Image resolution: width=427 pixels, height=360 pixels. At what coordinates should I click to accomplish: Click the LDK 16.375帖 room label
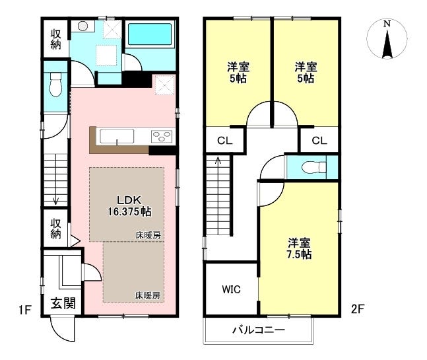click(129, 206)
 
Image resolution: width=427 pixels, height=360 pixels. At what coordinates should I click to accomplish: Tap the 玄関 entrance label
click(63, 303)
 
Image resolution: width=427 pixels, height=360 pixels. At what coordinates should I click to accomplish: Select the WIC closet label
click(231, 289)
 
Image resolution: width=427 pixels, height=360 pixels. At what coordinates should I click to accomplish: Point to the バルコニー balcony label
click(259, 330)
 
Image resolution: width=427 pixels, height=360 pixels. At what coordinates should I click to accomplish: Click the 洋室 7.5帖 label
click(299, 248)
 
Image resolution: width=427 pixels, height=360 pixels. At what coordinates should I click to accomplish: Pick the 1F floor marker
click(25, 310)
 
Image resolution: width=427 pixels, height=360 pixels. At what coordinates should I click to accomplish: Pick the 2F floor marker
click(358, 309)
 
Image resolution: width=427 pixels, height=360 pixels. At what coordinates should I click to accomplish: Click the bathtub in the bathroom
click(150, 34)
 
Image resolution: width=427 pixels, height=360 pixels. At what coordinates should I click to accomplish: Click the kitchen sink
click(117, 136)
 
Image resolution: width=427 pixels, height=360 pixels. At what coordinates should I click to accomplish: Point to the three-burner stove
click(162, 137)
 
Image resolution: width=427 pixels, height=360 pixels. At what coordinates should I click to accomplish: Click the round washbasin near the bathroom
click(82, 26)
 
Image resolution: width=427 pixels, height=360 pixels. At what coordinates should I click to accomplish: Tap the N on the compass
click(387, 24)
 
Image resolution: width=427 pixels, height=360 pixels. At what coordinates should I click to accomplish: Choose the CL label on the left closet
click(224, 141)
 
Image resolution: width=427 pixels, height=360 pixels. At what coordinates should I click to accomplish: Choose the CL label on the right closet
click(319, 141)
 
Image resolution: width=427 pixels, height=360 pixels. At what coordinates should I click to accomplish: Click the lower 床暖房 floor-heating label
click(148, 295)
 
